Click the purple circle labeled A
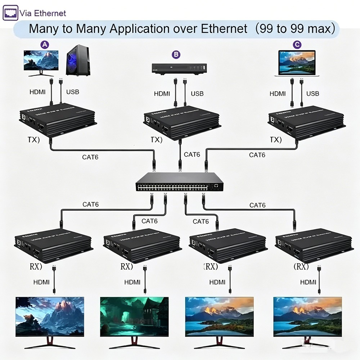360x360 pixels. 45,45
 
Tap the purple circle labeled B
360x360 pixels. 176,55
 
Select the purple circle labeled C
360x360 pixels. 297,45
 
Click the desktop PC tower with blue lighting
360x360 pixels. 78,60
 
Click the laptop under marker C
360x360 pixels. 297,63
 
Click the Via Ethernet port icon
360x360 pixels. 10,13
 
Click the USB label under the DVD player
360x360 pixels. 197,94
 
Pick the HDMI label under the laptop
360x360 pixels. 278,94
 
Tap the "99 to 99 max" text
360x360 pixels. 295,29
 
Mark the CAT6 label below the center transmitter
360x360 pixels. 192,154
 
